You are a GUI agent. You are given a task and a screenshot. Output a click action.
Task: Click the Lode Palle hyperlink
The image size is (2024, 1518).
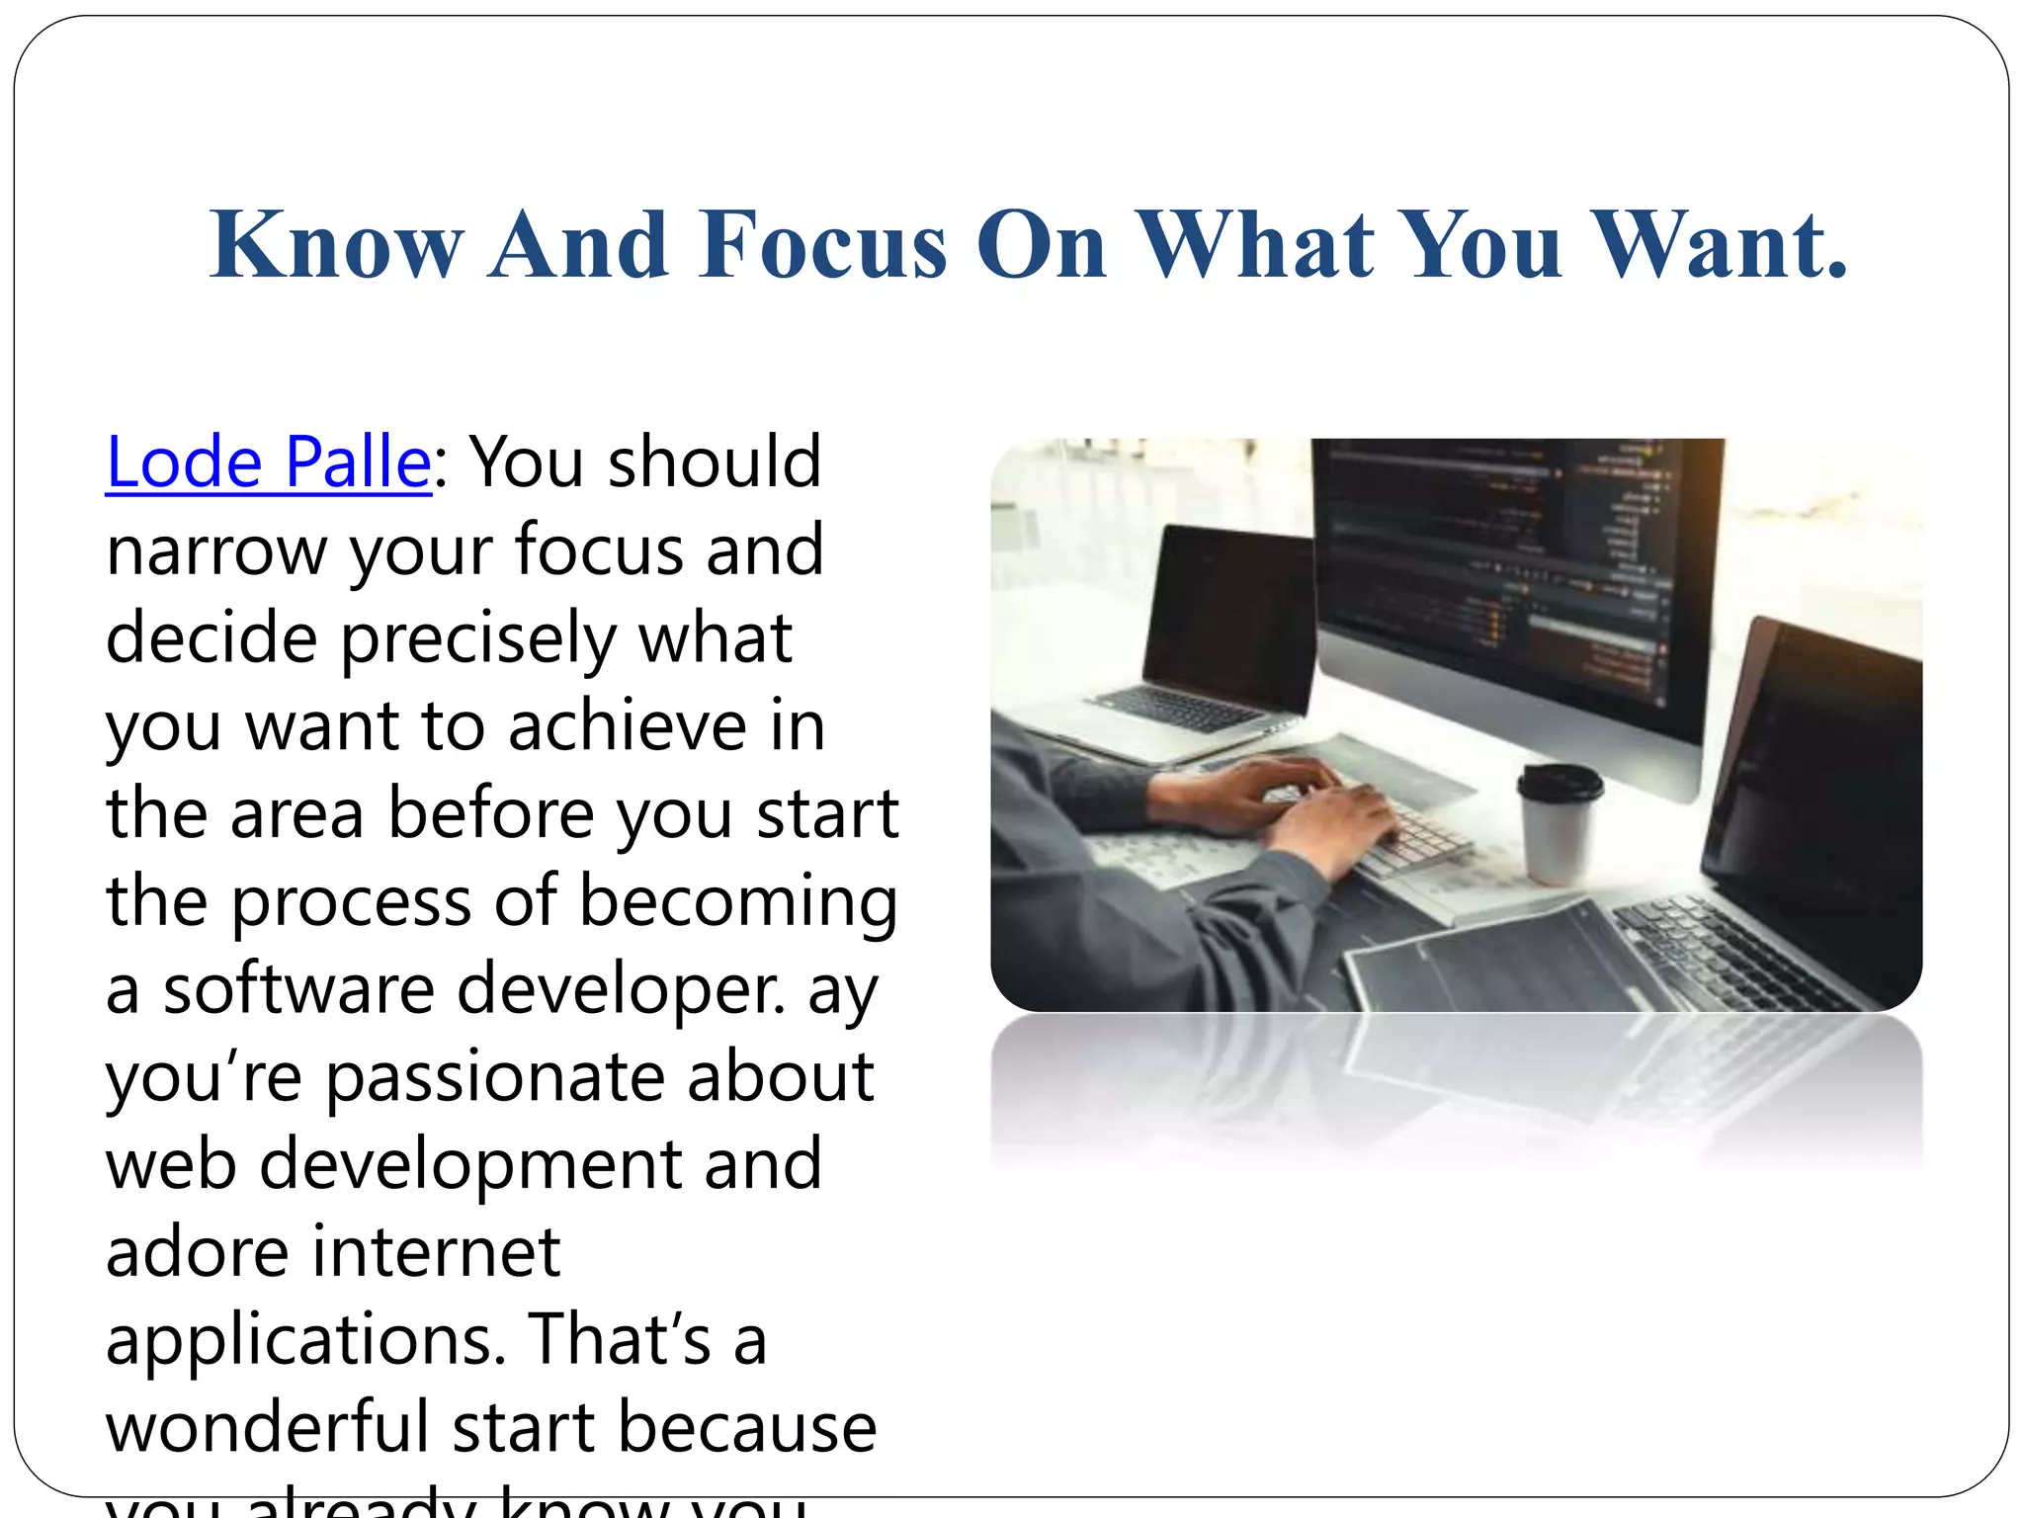pyautogui.click(x=268, y=463)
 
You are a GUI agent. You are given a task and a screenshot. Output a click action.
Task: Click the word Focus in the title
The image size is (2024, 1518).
pyautogui.click(x=822, y=245)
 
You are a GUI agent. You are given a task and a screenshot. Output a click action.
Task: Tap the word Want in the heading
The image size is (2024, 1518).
pyautogui.click(x=1720, y=245)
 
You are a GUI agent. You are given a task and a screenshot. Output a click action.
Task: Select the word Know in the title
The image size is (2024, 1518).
pyautogui.click(x=336, y=245)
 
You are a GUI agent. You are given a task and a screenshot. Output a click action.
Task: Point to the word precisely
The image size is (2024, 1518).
pyautogui.click(x=478, y=640)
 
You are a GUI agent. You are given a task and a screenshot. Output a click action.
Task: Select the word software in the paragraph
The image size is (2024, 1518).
pyautogui.click(x=298, y=989)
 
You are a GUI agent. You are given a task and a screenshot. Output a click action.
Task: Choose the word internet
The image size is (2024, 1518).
pyautogui.click(x=437, y=1253)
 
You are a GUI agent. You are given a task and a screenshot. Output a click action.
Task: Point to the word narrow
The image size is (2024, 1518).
pyautogui.click(x=216, y=550)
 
